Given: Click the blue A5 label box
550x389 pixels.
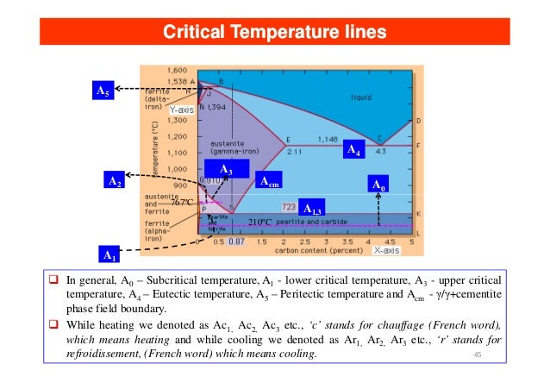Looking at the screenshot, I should (x=102, y=90).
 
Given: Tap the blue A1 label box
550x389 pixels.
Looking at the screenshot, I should (x=107, y=254).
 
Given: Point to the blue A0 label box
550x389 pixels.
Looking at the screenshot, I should (x=379, y=185).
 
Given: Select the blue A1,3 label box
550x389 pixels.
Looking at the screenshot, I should (x=312, y=210).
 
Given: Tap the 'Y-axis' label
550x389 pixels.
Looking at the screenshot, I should (x=181, y=110).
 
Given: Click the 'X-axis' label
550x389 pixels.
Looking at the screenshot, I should (x=391, y=253).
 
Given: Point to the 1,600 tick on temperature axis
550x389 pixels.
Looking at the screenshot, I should (x=177, y=68).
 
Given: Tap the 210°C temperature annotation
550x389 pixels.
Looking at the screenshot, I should (x=260, y=223).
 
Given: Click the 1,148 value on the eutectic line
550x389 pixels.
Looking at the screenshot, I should (x=328, y=137).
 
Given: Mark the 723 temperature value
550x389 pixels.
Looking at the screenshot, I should (x=289, y=207).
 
